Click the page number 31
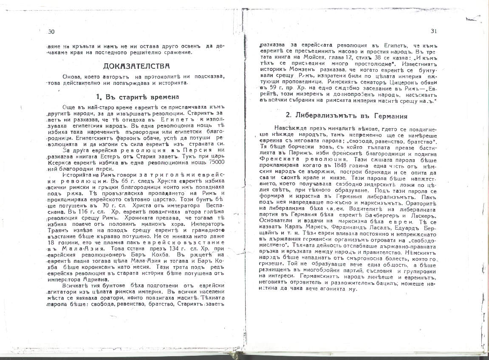pos(434,31)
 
